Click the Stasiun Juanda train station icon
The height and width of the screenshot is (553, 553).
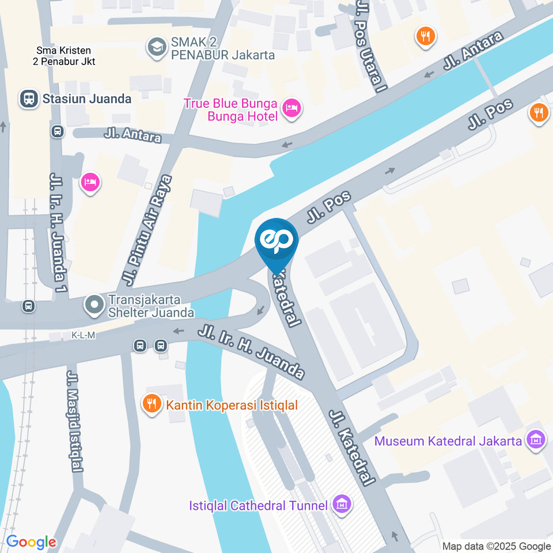click(28, 99)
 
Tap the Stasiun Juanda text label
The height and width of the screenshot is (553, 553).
click(86, 99)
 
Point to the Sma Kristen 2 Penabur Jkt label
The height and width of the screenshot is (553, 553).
click(65, 56)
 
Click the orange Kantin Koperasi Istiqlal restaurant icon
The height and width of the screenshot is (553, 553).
click(152, 404)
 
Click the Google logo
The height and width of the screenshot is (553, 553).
click(31, 541)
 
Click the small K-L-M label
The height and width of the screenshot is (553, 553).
click(83, 335)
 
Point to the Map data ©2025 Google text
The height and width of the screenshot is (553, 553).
click(497, 546)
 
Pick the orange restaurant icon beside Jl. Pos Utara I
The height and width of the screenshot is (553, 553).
click(425, 37)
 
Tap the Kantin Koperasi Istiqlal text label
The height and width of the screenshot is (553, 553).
click(232, 405)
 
